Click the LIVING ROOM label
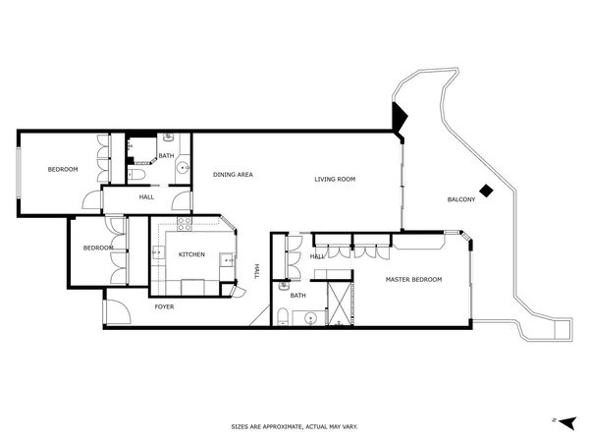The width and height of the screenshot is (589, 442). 334,179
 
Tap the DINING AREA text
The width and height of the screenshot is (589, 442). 233,175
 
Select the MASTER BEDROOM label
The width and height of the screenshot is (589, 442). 413,280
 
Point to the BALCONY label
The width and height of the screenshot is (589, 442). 460,199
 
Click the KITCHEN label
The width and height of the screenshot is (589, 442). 191,255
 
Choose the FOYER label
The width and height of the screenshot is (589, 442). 165,306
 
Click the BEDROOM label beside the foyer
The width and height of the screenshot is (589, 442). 97,248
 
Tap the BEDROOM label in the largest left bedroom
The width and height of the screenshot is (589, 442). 63,170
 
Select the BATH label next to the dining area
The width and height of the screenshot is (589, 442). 166,155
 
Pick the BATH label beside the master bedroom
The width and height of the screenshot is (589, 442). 297,295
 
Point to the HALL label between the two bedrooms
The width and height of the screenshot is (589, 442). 146,197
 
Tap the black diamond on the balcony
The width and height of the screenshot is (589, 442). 485,191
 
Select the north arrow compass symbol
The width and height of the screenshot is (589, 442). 563,419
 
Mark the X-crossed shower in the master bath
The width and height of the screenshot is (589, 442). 339,304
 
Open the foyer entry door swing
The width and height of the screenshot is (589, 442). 115,314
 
